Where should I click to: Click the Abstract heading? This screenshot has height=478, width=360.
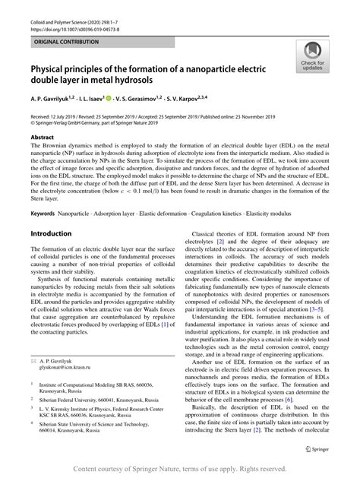pyautogui.click(x=43, y=137)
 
